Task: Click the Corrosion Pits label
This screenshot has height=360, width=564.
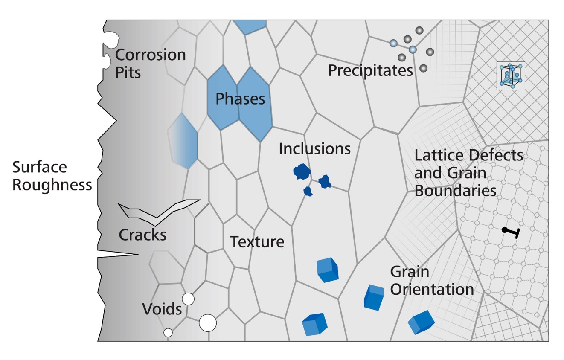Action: (150, 63)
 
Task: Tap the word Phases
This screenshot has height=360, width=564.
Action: (240, 99)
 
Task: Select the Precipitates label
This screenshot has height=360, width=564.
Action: (370, 70)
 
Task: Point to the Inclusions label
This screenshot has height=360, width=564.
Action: (314, 148)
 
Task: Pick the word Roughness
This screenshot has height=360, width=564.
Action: (52, 185)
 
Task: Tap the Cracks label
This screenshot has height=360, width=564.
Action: (142, 235)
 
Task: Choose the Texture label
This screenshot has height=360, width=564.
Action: (257, 242)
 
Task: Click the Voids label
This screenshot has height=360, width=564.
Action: (162, 309)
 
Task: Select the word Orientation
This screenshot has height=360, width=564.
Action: (432, 290)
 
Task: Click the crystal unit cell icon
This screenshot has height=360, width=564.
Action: (511, 76)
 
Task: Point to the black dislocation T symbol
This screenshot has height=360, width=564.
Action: (511, 232)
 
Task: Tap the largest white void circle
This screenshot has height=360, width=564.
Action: (208, 322)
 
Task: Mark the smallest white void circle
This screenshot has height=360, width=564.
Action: (168, 332)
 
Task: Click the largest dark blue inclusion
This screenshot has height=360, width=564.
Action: (302, 171)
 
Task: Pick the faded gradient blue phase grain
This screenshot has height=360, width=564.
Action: (183, 141)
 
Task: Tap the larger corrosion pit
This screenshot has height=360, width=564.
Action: (112, 40)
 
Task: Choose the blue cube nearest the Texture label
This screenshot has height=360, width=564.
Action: (327, 270)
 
